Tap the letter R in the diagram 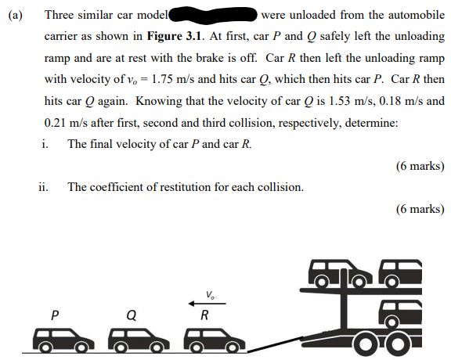coord(204,316)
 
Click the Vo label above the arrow coord(210,294)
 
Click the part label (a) coord(15,14)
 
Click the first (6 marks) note coord(420,166)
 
